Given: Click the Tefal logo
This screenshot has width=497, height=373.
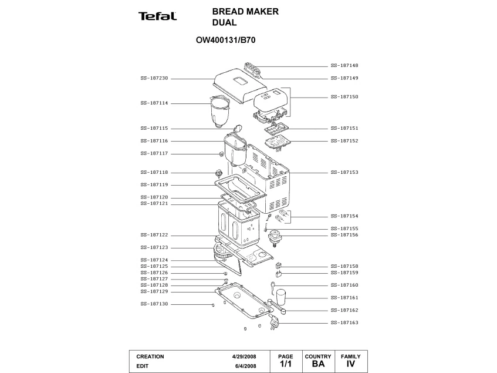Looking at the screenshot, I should tap(157, 16).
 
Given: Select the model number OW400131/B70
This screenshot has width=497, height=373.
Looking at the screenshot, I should tap(225, 41).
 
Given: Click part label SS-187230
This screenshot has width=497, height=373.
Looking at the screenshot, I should tap(154, 78).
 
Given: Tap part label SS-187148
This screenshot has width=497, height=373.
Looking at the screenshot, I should tap(344, 66).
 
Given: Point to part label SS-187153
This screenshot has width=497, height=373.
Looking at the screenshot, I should tap(344, 173).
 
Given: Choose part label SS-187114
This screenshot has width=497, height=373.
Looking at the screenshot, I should tap(154, 103).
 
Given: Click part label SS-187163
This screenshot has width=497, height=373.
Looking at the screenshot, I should tap(344, 322).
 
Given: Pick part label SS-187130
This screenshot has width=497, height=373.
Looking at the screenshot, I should tap(154, 304).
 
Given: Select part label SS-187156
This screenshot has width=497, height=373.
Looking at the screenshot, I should tap(344, 235).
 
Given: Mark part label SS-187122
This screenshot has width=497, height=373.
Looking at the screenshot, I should tap(154, 235).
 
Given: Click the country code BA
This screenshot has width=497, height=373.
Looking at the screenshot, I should tap(318, 365).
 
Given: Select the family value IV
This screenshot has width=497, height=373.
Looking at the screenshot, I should tap(351, 365).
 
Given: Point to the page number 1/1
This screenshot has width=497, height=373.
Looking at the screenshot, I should tap(286, 365).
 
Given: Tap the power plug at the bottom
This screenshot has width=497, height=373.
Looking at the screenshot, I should tap(275, 322).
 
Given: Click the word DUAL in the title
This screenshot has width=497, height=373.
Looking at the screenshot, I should tap(224, 23).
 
